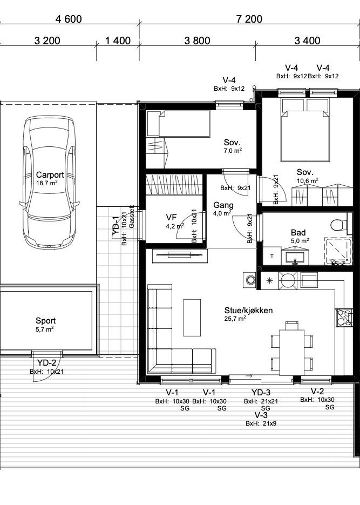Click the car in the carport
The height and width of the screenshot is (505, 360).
click(x=49, y=182)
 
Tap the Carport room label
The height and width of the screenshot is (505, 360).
click(x=50, y=175)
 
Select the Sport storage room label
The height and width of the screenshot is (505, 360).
click(x=46, y=321)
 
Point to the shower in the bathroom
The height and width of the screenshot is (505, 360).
click(x=337, y=252)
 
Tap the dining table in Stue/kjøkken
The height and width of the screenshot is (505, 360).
click(x=291, y=352)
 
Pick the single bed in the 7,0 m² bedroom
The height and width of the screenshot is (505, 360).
click(x=184, y=124)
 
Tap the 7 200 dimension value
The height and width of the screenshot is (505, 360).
click(x=249, y=19)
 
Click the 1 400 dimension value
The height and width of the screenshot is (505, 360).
click(x=118, y=41)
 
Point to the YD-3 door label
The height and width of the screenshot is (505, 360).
click(x=261, y=392)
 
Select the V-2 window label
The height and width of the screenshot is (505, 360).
click(x=317, y=392)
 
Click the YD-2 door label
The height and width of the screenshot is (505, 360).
click(x=46, y=363)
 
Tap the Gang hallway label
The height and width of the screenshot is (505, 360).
click(x=223, y=205)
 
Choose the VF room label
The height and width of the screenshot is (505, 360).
click(x=171, y=218)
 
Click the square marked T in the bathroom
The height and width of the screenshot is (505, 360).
click(x=272, y=257)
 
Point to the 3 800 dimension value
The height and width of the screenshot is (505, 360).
click(x=197, y=41)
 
